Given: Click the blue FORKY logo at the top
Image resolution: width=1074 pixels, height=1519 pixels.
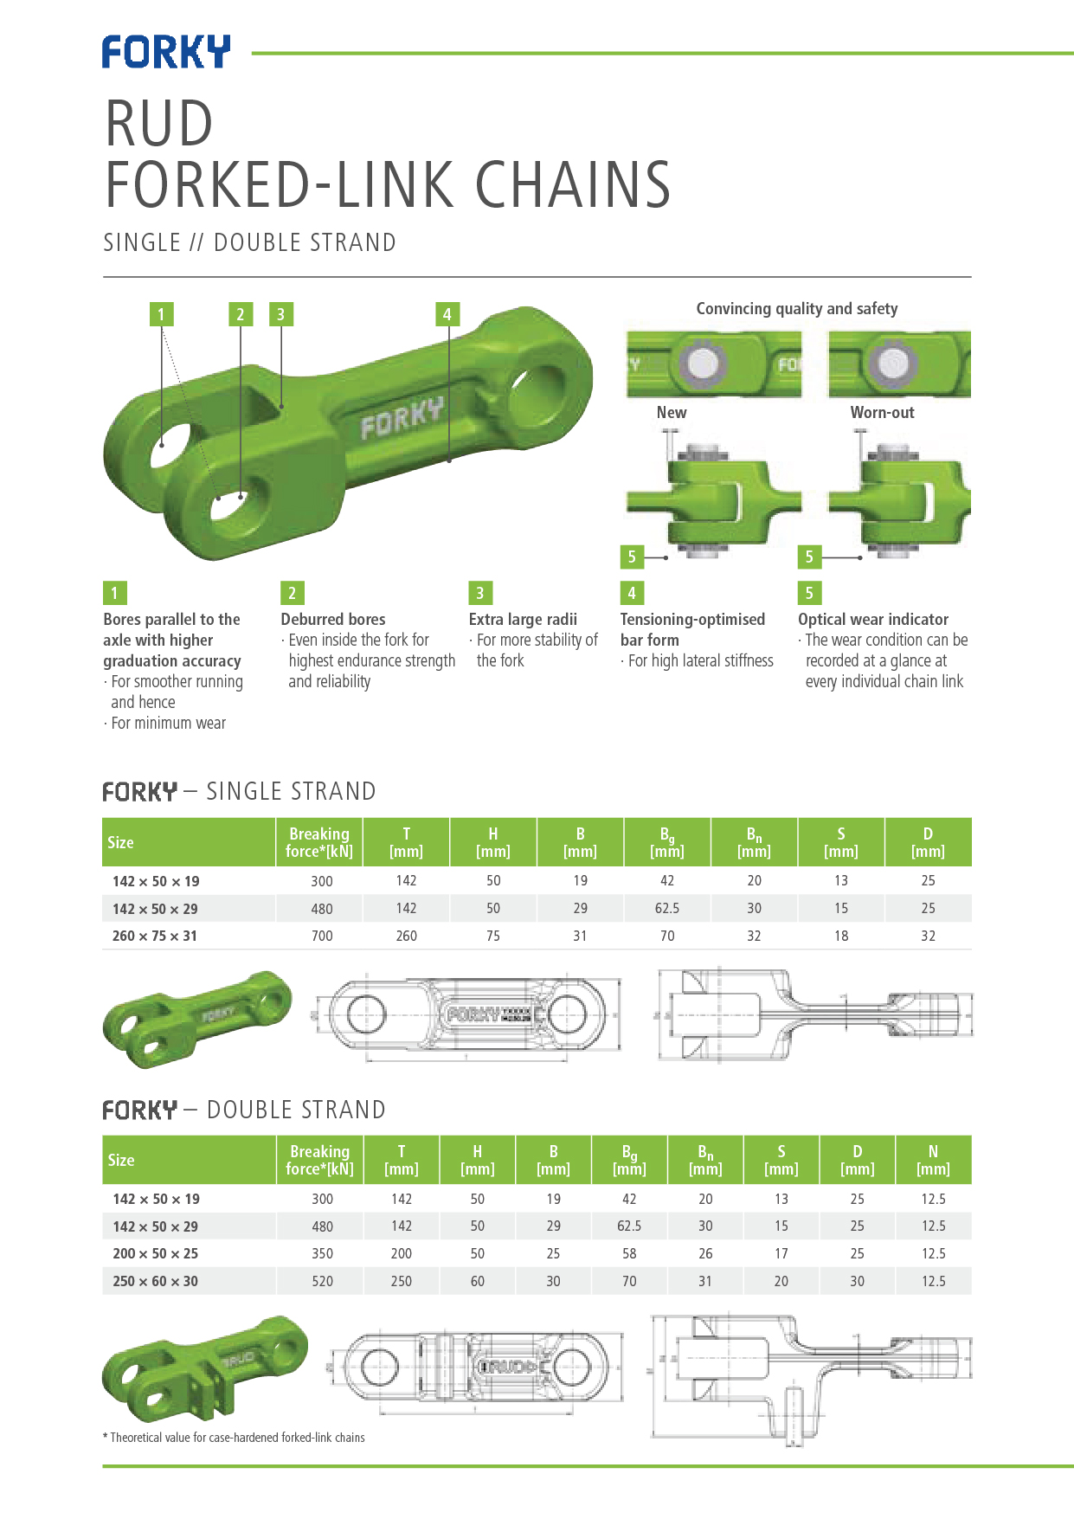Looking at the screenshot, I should (166, 52).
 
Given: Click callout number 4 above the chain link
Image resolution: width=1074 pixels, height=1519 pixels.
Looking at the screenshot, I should (447, 314).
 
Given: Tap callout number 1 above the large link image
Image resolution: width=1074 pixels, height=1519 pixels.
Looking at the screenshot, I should (161, 314).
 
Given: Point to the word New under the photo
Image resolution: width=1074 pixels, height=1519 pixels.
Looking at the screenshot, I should (672, 413).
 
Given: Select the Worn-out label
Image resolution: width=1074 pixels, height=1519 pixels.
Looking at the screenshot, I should (882, 413).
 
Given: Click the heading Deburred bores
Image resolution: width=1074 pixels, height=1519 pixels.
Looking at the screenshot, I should (333, 620).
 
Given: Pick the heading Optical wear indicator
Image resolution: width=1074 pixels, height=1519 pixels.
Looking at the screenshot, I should (872, 620).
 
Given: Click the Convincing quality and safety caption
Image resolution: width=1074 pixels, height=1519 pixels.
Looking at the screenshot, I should (796, 309).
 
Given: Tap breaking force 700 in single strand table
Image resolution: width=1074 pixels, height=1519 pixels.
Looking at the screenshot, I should (322, 936).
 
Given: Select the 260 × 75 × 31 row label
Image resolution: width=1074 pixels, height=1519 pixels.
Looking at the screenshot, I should (155, 936).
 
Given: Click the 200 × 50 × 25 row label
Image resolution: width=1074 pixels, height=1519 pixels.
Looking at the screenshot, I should (155, 1253).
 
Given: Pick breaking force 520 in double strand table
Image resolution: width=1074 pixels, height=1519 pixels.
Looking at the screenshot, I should (322, 1281).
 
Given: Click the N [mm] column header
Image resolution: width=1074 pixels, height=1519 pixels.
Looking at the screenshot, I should (933, 1160).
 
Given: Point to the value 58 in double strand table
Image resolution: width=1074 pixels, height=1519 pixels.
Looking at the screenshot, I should (629, 1253).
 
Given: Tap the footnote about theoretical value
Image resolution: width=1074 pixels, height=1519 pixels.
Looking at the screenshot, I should (234, 1438).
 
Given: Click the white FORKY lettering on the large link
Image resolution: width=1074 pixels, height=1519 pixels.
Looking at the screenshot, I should (402, 418).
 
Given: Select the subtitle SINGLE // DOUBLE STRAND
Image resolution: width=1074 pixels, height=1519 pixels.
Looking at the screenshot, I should (249, 242).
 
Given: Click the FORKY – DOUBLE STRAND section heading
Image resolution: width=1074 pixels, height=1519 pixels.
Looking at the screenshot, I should (244, 1110).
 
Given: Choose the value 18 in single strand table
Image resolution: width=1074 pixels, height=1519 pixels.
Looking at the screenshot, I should (841, 936).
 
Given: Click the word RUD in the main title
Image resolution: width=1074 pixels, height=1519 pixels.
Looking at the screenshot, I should (159, 123).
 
